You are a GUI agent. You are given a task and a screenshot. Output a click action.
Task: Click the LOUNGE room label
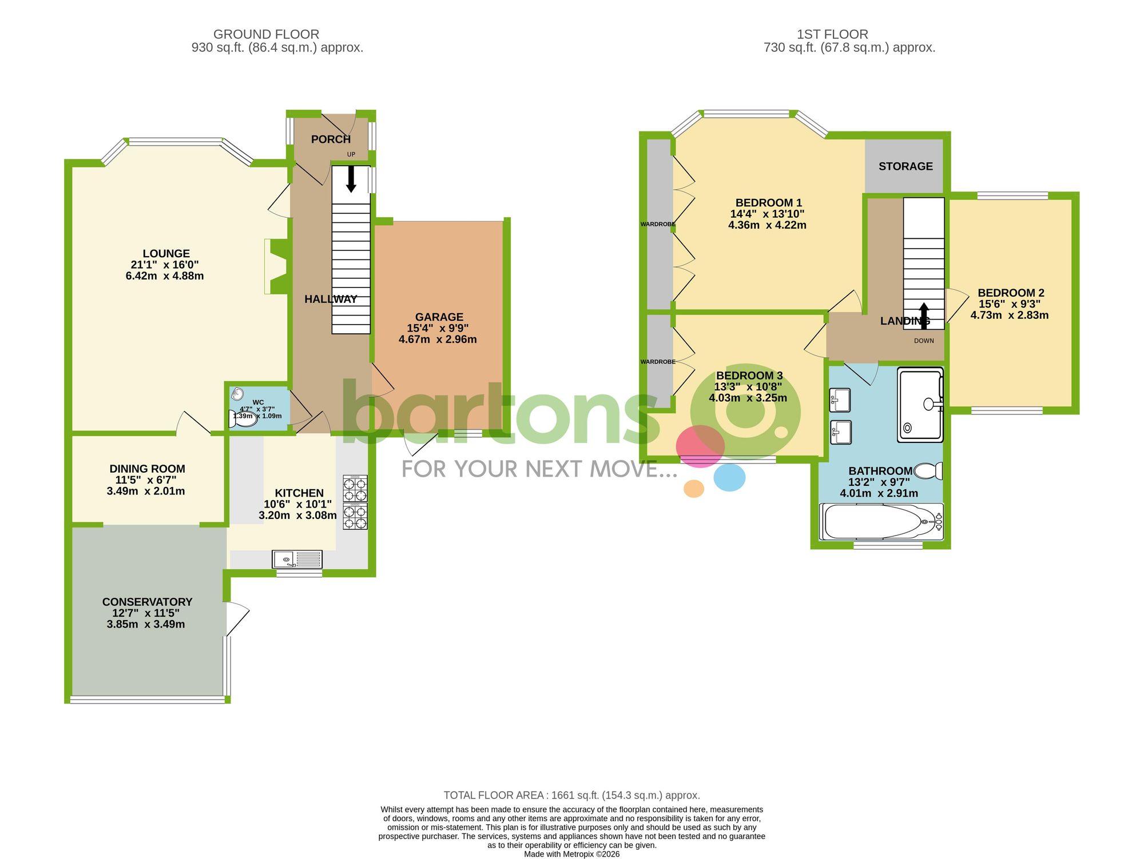(x=166, y=254)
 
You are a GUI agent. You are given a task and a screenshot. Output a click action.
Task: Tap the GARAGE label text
(x=439, y=317)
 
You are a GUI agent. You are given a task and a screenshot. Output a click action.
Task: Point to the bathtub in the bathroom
(x=881, y=521)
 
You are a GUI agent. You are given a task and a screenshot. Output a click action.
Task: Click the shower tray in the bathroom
(x=920, y=405)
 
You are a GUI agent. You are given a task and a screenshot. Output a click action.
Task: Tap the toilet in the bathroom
(x=928, y=471)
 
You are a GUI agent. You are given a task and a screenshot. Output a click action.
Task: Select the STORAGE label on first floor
(x=905, y=166)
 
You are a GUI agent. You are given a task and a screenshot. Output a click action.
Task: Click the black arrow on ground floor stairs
(x=351, y=179)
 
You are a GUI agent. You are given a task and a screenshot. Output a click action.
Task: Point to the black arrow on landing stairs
(x=924, y=315)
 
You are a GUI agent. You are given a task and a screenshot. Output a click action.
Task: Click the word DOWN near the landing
(x=924, y=341)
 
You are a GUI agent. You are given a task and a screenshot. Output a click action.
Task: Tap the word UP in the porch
(x=351, y=154)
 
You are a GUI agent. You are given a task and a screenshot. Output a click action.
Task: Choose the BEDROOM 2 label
(x=1011, y=293)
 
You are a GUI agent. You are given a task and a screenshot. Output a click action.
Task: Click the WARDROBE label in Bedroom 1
(x=658, y=224)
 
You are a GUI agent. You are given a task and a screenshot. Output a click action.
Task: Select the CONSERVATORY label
(x=147, y=602)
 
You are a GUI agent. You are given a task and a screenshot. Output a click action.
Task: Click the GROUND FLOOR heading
(x=266, y=34)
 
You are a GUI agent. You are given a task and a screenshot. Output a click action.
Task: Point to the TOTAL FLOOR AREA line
(x=571, y=795)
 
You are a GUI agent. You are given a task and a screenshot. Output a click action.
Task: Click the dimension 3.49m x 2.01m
(x=146, y=491)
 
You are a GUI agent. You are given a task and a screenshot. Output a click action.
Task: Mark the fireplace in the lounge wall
(x=277, y=266)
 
